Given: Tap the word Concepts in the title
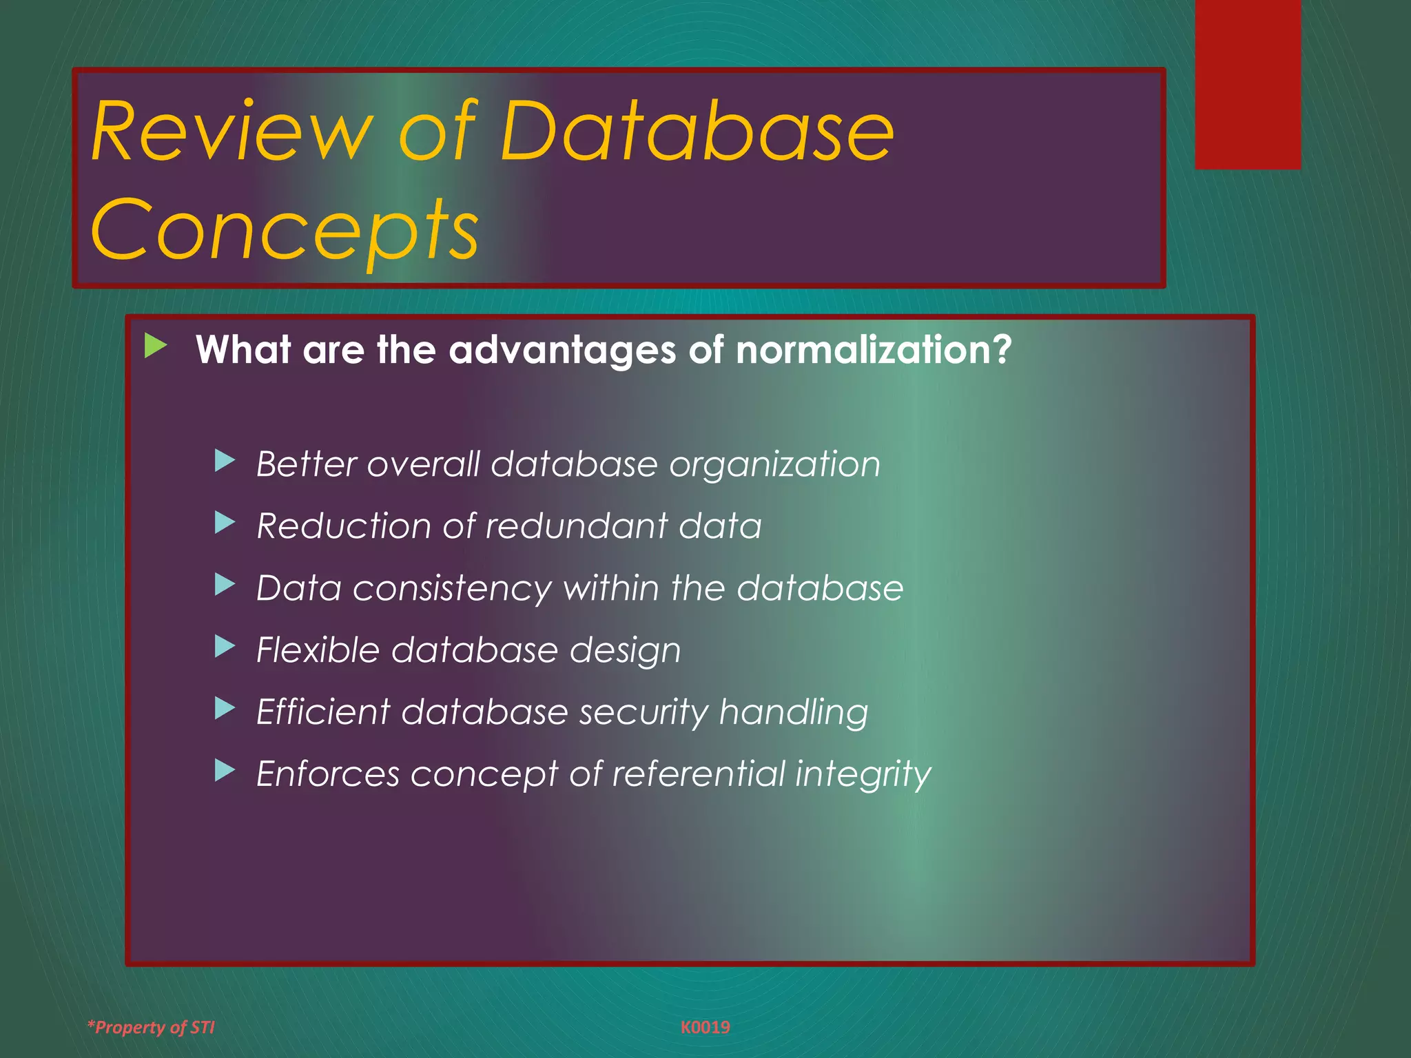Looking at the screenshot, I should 284,229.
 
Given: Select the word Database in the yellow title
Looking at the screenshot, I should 696,131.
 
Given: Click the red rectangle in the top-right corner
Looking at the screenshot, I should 1248,84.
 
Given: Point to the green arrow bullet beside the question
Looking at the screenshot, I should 156,346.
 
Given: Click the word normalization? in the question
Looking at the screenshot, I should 873,350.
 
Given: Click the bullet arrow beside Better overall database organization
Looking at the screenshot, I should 225,461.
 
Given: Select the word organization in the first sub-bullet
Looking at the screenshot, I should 774,464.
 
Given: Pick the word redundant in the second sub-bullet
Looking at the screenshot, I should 576,526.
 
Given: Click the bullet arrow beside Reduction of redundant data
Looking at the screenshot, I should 225,523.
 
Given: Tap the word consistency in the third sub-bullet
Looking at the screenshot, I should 452,589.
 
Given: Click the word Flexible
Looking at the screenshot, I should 318,650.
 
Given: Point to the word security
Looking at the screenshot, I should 643,712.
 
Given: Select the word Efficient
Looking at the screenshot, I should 322,712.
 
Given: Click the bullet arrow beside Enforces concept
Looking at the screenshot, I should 225,771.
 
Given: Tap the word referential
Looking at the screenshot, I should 698,774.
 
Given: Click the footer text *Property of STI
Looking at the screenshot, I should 151,1028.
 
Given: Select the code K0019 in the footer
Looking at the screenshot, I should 705,1028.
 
